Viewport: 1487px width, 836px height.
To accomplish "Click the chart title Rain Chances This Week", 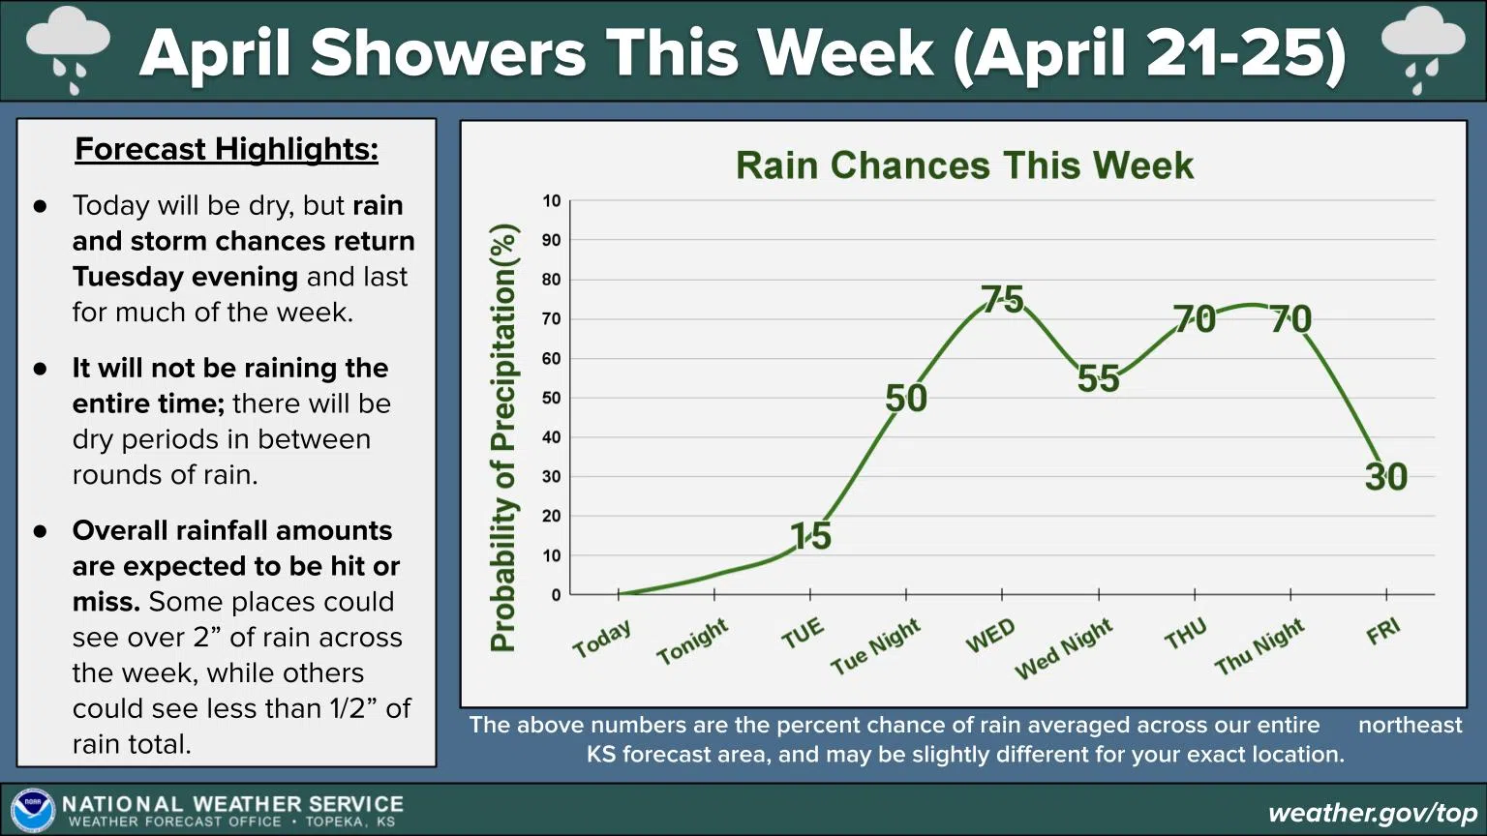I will coord(964,165).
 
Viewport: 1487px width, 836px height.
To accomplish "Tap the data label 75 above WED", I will coord(1002,299).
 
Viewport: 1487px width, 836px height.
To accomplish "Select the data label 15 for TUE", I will coord(810,536).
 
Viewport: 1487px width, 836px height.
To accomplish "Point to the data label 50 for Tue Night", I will coord(906,398).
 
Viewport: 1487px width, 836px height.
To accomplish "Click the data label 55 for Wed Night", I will coord(1098,378).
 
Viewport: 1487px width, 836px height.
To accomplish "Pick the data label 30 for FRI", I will coord(1385,476).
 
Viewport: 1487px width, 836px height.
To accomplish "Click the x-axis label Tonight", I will coord(692,642).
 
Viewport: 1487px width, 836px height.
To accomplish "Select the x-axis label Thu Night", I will coord(1259,647).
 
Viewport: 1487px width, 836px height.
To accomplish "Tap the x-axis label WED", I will coord(990,636).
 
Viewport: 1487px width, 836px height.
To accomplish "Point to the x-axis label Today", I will coord(601,639).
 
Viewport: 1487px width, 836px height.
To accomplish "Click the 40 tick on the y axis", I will coord(551,437).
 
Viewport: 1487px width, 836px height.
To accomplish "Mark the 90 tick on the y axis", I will coord(551,240).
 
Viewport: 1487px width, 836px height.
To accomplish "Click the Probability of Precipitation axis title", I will coord(503,437).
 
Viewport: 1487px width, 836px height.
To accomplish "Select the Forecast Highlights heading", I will coord(227,149).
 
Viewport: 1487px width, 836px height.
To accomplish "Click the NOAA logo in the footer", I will coord(32,811).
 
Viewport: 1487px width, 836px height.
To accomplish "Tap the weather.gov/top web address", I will coord(1372,813).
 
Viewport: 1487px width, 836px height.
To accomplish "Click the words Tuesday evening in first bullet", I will coord(185,277).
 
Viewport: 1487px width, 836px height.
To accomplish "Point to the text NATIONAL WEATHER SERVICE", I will coord(232,804).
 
